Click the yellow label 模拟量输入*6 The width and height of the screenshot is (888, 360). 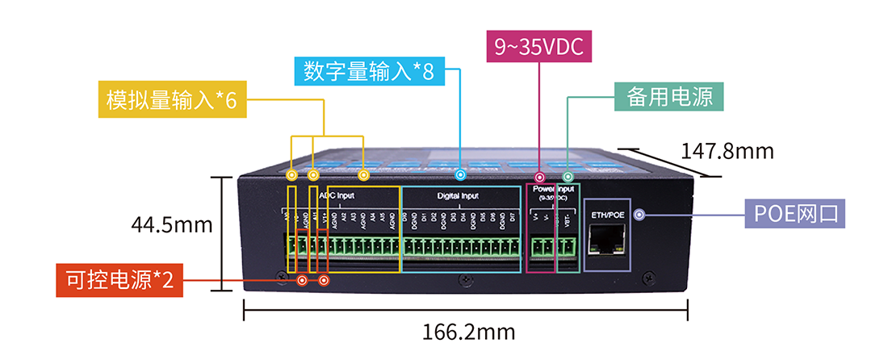pos(171,100)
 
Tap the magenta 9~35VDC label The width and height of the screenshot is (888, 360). pos(539,46)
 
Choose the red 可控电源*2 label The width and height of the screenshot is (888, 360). pos(119,280)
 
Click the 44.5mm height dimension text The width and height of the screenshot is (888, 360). pos(173,225)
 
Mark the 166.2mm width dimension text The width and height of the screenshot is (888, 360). pos(468,332)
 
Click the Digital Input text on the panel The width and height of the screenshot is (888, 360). pos(458,196)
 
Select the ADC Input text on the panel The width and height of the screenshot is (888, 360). pos(337,196)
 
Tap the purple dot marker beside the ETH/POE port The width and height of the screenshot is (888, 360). pos(639,215)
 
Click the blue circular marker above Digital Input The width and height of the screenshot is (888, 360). pos(461,174)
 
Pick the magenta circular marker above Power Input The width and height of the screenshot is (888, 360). pos(539,176)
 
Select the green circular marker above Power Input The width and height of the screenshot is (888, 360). pos(568,176)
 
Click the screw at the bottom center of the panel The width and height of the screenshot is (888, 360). pos(466,279)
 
